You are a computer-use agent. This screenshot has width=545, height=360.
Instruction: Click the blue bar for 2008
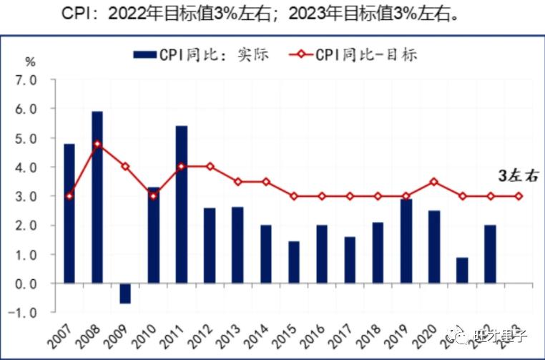tap(97, 197)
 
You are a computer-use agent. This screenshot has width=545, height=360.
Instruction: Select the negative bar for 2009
tap(125, 293)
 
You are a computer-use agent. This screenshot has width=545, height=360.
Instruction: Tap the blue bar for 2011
tap(182, 204)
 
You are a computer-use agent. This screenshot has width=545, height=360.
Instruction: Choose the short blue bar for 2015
tap(293, 262)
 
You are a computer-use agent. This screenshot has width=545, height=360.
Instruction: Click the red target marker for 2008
tap(97, 144)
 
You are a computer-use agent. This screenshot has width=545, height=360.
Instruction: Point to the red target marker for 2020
tap(433, 182)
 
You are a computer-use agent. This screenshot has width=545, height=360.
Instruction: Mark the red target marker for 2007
tap(69, 196)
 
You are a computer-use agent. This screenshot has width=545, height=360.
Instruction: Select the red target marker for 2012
tap(210, 167)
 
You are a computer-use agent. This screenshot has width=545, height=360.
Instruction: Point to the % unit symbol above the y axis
tap(30, 61)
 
